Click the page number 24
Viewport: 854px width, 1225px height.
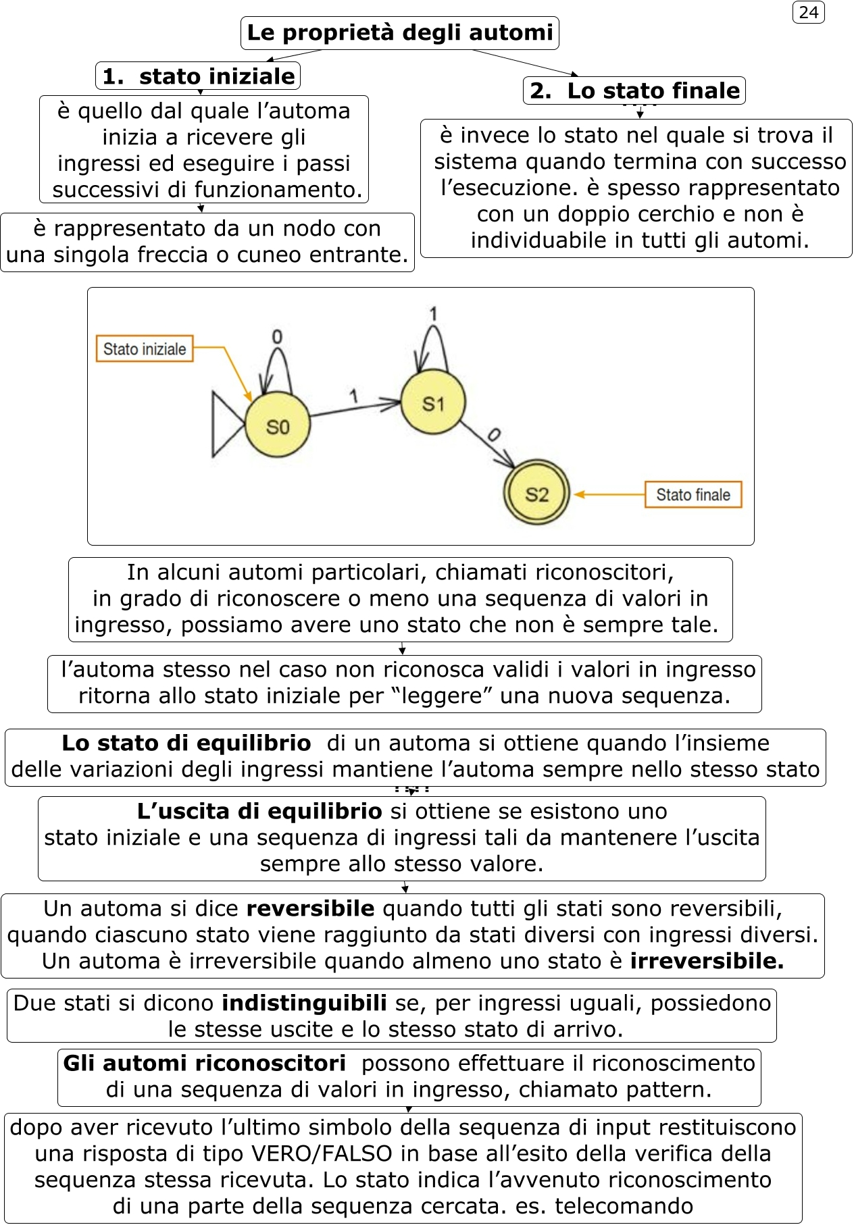click(x=808, y=13)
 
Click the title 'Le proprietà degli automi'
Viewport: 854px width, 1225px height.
click(x=400, y=32)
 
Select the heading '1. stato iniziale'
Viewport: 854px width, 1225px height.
click(x=198, y=76)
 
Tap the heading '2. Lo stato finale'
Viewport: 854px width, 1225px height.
click(x=634, y=90)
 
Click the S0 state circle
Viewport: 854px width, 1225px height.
click(x=278, y=426)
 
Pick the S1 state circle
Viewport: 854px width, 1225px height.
click(x=433, y=403)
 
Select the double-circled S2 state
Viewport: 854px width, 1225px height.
click(x=537, y=494)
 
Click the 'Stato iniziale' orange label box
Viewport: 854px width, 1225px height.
click(x=145, y=349)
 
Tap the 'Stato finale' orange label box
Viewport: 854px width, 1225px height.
click(x=693, y=494)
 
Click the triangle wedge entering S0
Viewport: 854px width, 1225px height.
click(x=225, y=425)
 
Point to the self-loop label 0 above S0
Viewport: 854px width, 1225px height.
click(x=277, y=337)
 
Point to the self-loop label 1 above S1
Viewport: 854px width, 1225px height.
click(x=433, y=313)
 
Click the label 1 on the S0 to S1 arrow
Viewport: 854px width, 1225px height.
click(x=353, y=396)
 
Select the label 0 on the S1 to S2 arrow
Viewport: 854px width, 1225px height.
click(x=494, y=435)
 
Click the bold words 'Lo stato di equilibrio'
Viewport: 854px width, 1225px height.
click(x=186, y=744)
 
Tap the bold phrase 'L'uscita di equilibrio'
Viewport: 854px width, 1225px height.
click(x=259, y=811)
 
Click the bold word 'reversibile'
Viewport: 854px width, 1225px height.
click(x=310, y=909)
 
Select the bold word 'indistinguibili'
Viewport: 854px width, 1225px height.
click(x=304, y=1004)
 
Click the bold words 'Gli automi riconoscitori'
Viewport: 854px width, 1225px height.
click(x=205, y=1064)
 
